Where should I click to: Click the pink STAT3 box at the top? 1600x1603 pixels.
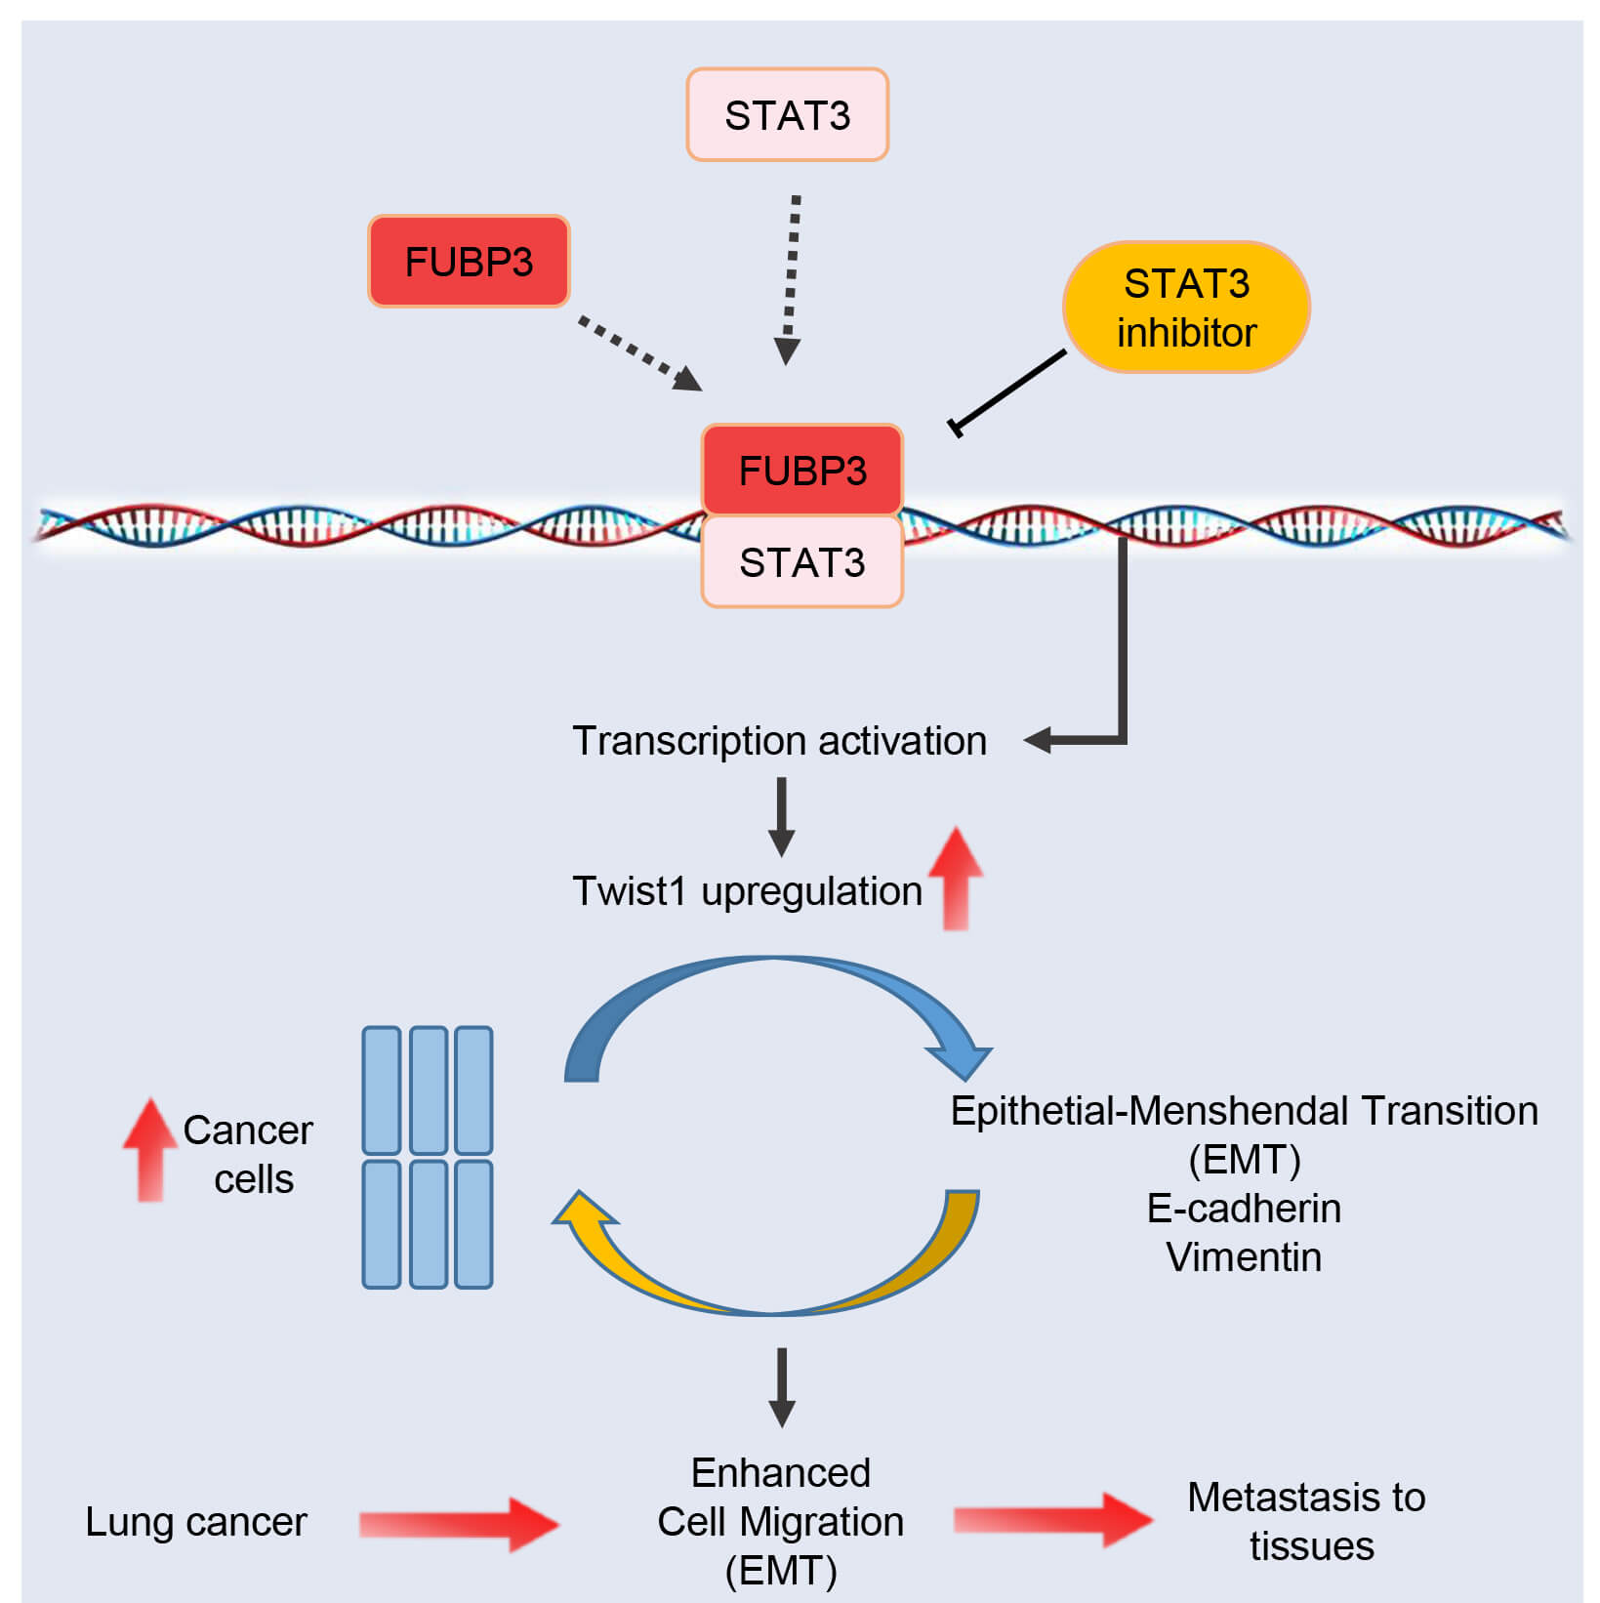click(x=787, y=115)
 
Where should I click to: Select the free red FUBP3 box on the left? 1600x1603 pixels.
click(x=469, y=262)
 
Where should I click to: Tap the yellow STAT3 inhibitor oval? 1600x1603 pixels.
click(x=1186, y=308)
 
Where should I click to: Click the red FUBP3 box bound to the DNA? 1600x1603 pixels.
click(x=802, y=471)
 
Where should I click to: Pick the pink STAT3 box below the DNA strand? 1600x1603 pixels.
click(x=802, y=562)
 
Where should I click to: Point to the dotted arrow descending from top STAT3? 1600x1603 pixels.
click(x=791, y=278)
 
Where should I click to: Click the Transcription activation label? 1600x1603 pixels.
click(x=779, y=741)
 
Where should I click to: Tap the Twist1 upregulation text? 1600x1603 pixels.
click(x=747, y=891)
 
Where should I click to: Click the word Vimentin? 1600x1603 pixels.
click(x=1244, y=1257)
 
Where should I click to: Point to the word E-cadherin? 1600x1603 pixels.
click(x=1244, y=1209)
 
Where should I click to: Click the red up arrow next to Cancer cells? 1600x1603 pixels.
click(x=149, y=1150)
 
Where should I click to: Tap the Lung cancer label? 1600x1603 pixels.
click(x=195, y=1522)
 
